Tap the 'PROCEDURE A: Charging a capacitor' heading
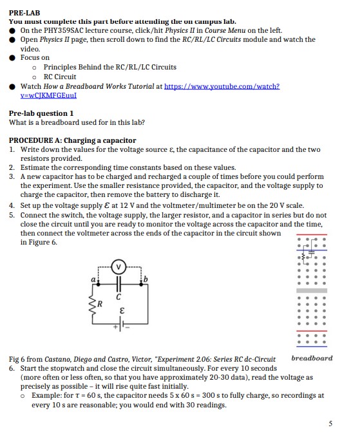click(72, 140)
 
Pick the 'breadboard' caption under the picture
click(312, 358)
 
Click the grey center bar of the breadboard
click(312, 291)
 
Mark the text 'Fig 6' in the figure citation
click(18, 359)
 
